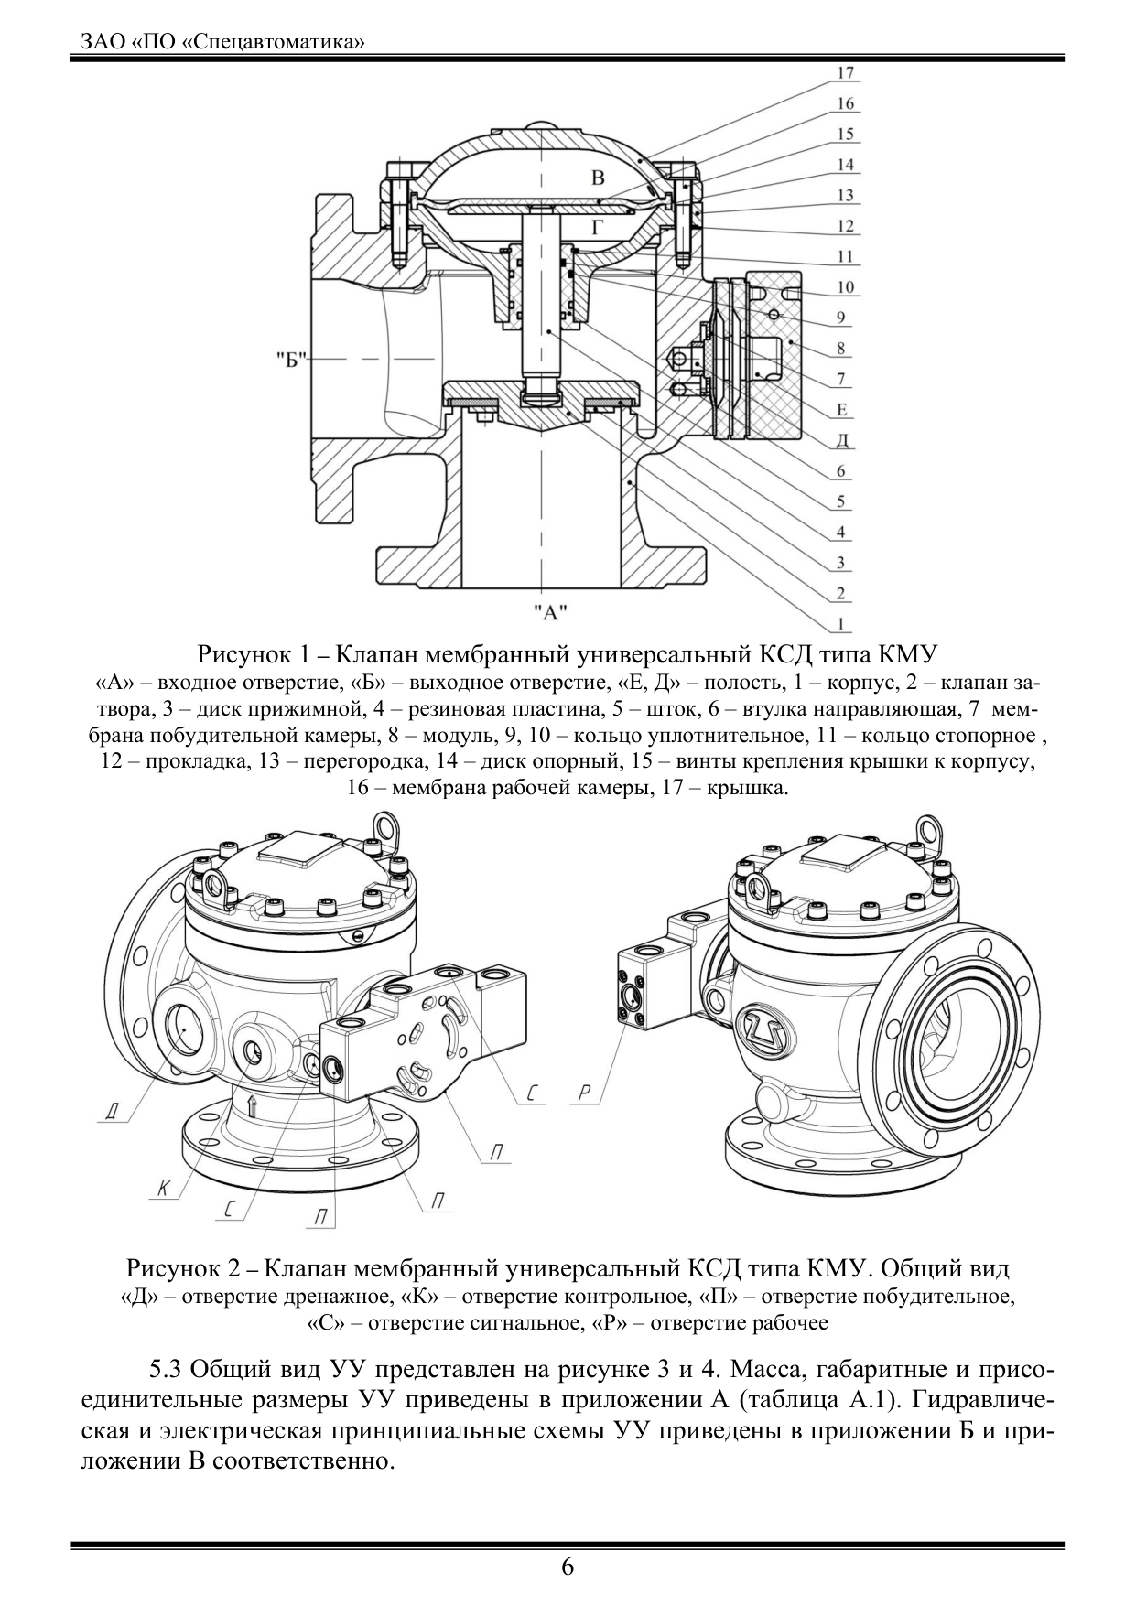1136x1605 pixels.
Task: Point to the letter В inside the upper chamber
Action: pos(597,178)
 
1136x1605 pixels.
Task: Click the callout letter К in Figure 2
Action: pos(163,1189)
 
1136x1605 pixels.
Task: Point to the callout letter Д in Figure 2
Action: pos(112,1112)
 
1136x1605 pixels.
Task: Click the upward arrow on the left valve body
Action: pos(254,1105)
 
